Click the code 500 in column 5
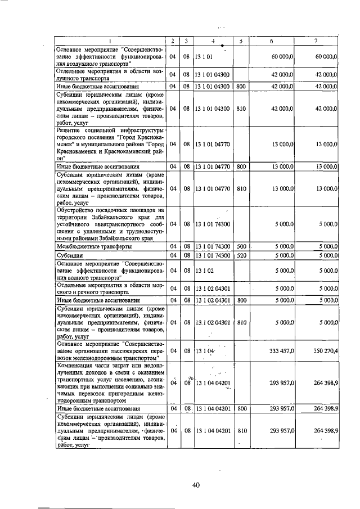click(241, 246)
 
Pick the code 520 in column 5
click(241, 255)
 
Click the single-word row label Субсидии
click(70, 255)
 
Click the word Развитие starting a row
click(71, 130)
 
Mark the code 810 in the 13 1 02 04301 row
click(241, 322)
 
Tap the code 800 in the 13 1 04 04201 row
click(241, 408)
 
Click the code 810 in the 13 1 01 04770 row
click(241, 189)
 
